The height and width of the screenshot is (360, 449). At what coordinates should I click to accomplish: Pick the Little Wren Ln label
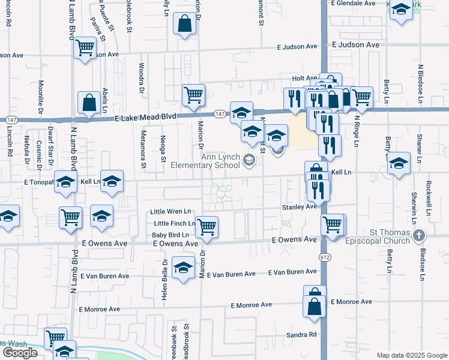[x=170, y=212]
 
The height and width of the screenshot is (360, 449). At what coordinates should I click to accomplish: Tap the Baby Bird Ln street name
[x=170, y=235]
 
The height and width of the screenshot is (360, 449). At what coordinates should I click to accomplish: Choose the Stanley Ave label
[x=299, y=206]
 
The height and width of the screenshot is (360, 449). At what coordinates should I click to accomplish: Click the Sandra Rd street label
[x=301, y=335]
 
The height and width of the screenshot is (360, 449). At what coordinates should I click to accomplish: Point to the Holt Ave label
[x=304, y=78]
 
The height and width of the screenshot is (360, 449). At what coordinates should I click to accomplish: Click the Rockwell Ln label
[x=429, y=196]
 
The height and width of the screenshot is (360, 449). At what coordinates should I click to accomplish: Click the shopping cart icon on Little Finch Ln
[x=206, y=226]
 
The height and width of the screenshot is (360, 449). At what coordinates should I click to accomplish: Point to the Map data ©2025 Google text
[x=411, y=355]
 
